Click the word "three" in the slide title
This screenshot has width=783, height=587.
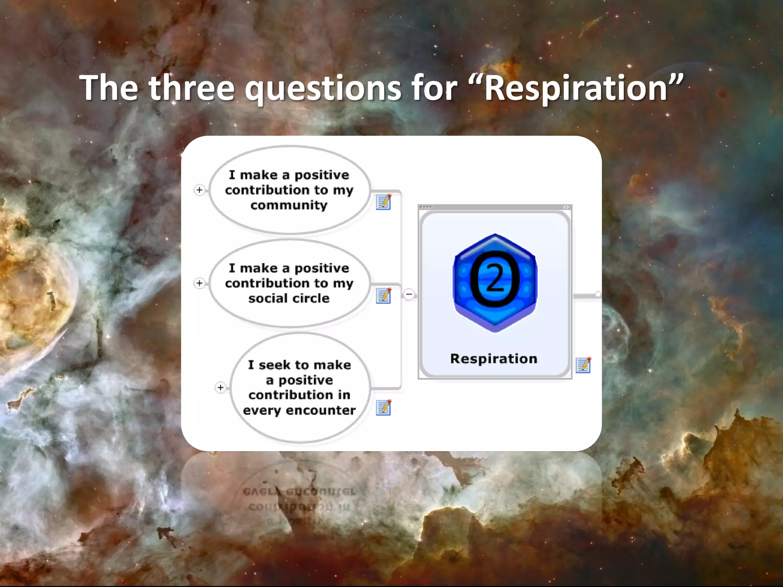[191, 88]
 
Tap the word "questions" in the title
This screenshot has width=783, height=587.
[323, 89]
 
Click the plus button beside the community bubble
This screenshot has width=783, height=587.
[199, 190]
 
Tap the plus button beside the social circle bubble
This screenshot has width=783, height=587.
[199, 283]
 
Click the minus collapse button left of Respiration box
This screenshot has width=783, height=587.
[409, 294]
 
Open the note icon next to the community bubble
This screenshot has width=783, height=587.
[383, 202]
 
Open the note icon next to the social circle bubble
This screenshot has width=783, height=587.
[383, 295]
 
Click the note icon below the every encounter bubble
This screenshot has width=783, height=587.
[383, 407]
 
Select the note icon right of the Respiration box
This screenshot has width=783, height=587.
[583, 365]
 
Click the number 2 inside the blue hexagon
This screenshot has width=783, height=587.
[495, 279]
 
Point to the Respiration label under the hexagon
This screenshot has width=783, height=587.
[494, 358]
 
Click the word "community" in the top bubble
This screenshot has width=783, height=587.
[289, 205]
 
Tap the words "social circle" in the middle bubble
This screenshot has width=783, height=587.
[289, 298]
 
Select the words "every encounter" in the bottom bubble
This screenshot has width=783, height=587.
[299, 410]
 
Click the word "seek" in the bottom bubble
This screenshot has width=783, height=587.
[275, 365]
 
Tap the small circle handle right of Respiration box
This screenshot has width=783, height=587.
[598, 294]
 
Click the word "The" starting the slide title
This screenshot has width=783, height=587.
[109, 88]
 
